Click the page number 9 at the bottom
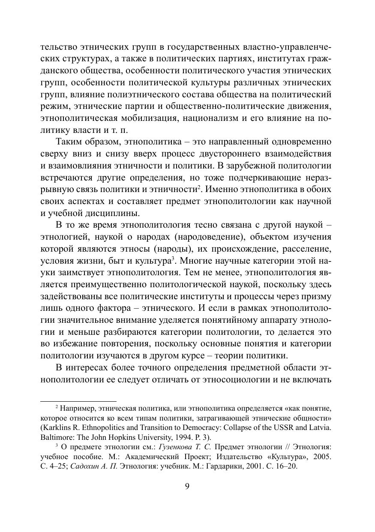187,485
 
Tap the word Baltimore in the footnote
55,437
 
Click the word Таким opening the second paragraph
69,142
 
